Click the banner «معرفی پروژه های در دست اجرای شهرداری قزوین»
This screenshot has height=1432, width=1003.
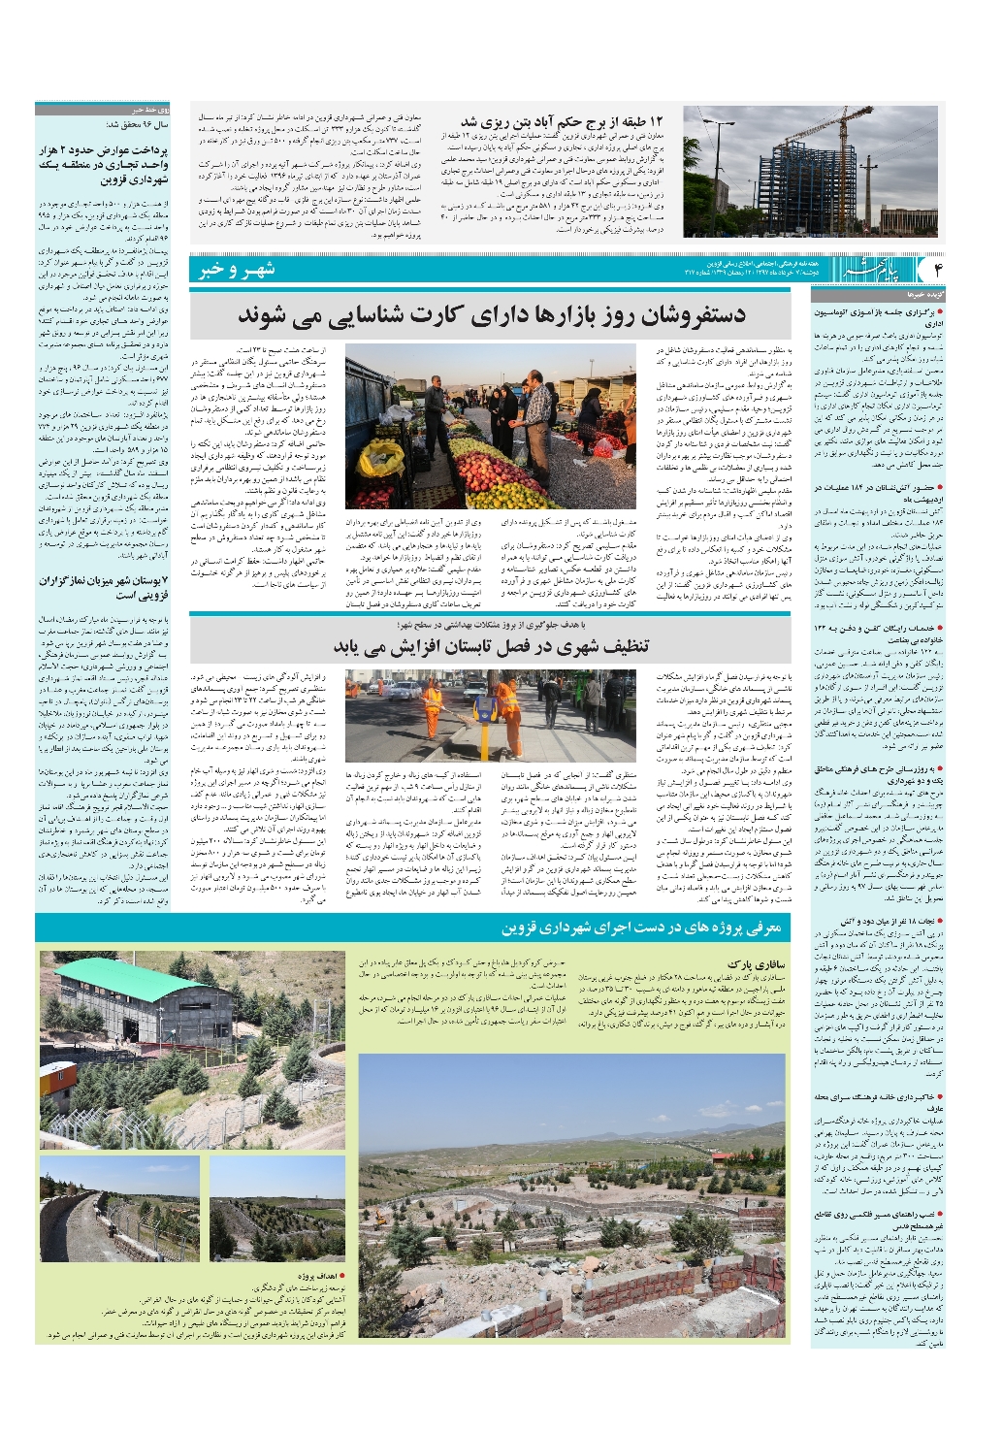pyautogui.click(x=640, y=928)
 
